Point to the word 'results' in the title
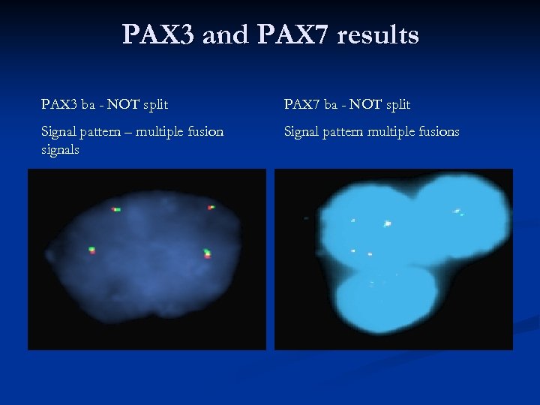381,35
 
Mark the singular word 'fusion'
206,132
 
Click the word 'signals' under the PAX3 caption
61,149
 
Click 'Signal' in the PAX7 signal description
301,132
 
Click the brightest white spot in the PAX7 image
388,223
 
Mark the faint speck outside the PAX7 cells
306,218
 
